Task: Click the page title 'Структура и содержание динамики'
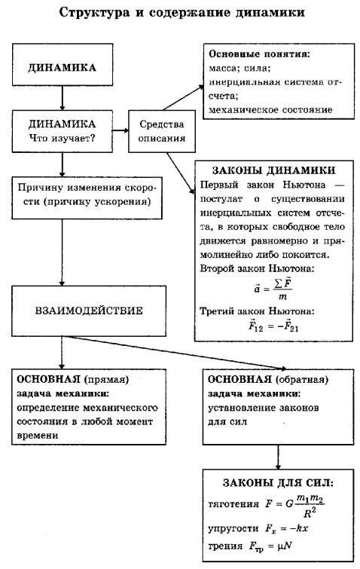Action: [x=182, y=13]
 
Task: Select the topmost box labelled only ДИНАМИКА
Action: [x=63, y=65]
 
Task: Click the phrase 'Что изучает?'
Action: [x=62, y=138]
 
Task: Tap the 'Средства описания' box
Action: [x=162, y=131]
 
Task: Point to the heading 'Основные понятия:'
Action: [x=260, y=54]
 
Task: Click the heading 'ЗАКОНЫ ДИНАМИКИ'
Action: [x=273, y=170]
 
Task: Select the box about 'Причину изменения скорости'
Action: [x=87, y=197]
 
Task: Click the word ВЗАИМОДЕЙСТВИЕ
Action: [x=89, y=311]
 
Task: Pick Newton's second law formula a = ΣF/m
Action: [x=273, y=289]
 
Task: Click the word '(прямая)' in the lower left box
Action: [x=107, y=380]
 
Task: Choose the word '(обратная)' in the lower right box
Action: [x=302, y=380]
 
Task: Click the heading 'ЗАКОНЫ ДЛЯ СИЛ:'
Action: [x=278, y=483]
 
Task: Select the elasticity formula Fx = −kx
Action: [x=286, y=529]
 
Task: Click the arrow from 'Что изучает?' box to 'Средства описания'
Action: [x=121, y=130]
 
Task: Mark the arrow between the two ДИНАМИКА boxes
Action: [x=63, y=98]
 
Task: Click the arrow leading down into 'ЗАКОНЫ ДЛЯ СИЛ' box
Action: [x=278, y=457]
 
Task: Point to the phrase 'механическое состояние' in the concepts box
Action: [x=270, y=110]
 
